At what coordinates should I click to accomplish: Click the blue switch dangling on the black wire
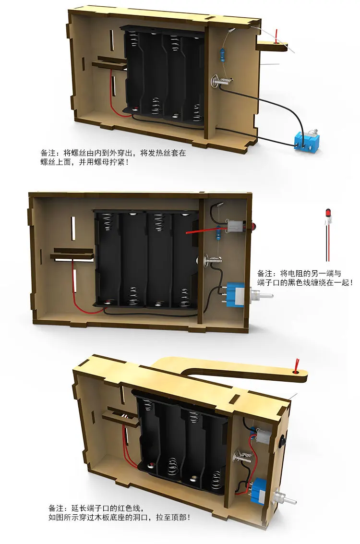pos(304,142)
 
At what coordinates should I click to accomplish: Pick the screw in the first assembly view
pos(220,82)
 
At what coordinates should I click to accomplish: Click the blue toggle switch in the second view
pos(235,293)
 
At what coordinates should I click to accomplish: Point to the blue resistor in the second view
pos(219,234)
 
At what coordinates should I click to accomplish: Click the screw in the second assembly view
pos(212,261)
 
